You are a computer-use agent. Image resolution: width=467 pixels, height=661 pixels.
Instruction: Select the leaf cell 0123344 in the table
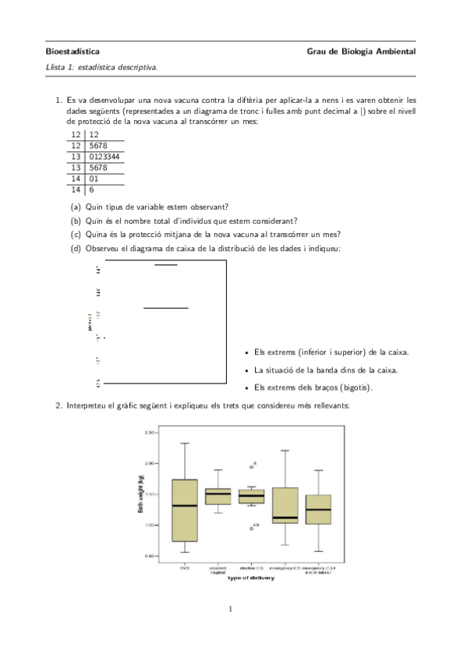(x=104, y=156)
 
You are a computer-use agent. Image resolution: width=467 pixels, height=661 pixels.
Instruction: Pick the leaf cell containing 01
(x=94, y=178)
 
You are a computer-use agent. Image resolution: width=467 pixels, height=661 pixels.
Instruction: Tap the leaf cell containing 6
(x=92, y=189)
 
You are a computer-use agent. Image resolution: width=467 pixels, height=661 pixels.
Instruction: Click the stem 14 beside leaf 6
(x=76, y=189)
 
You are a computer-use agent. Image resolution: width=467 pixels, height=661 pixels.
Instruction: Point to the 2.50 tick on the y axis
(x=150, y=432)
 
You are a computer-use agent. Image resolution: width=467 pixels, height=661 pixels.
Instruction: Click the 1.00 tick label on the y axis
(x=150, y=525)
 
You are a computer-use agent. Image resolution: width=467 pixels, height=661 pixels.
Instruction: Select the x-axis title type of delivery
(x=251, y=578)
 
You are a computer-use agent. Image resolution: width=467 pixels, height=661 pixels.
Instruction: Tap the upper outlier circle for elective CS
(x=252, y=466)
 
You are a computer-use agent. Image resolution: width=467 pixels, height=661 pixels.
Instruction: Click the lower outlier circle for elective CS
(x=251, y=528)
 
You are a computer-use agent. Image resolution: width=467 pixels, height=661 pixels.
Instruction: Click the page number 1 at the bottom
(x=232, y=609)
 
